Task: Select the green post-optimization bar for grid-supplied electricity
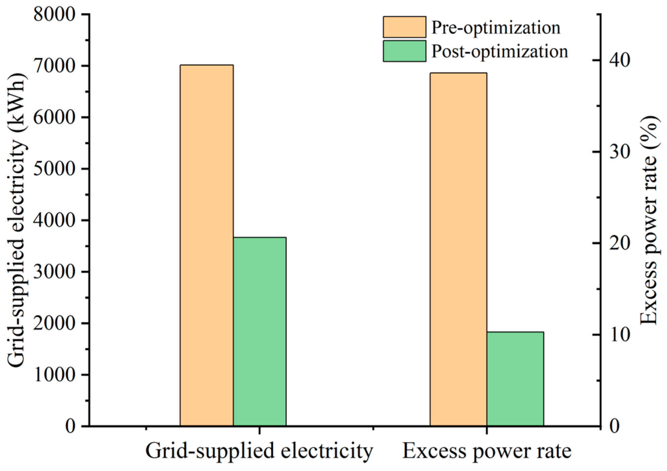(x=260, y=331)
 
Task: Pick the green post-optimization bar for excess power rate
(x=515, y=378)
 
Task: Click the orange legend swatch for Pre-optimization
(x=404, y=27)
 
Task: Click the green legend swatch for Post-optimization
(x=404, y=51)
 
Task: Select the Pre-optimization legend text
(x=496, y=28)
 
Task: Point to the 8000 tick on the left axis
(x=56, y=15)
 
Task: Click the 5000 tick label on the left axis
(x=56, y=169)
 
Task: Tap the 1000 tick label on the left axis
(x=56, y=375)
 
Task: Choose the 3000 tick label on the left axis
(x=56, y=272)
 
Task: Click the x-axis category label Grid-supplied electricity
(x=259, y=451)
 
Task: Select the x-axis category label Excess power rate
(x=487, y=451)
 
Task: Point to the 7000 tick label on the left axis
(x=56, y=66)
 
